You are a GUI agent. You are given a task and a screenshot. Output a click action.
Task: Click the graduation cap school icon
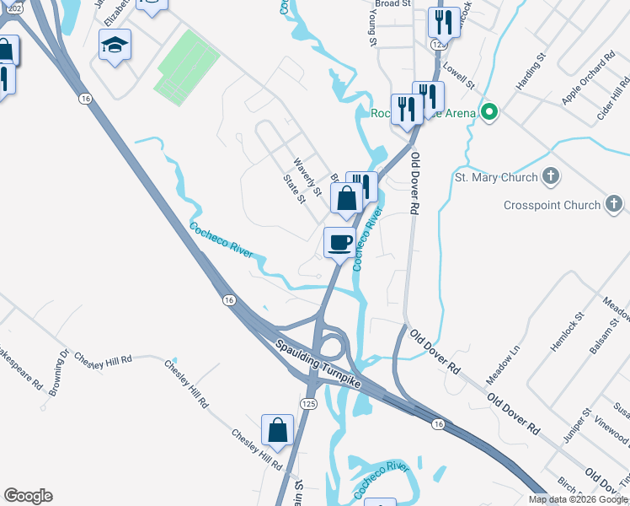tap(115, 46)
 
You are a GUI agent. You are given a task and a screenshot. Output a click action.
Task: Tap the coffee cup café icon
tap(339, 243)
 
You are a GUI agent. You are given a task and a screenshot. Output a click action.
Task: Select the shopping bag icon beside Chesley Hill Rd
tap(277, 430)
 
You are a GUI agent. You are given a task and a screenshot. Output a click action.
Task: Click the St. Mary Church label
tap(496, 177)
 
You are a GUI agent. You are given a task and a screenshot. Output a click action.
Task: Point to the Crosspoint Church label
tap(553, 205)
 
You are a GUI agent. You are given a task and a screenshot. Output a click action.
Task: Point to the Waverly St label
tap(307, 178)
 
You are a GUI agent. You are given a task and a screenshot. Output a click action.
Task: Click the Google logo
tap(28, 496)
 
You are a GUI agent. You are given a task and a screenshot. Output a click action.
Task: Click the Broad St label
tap(392, 4)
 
